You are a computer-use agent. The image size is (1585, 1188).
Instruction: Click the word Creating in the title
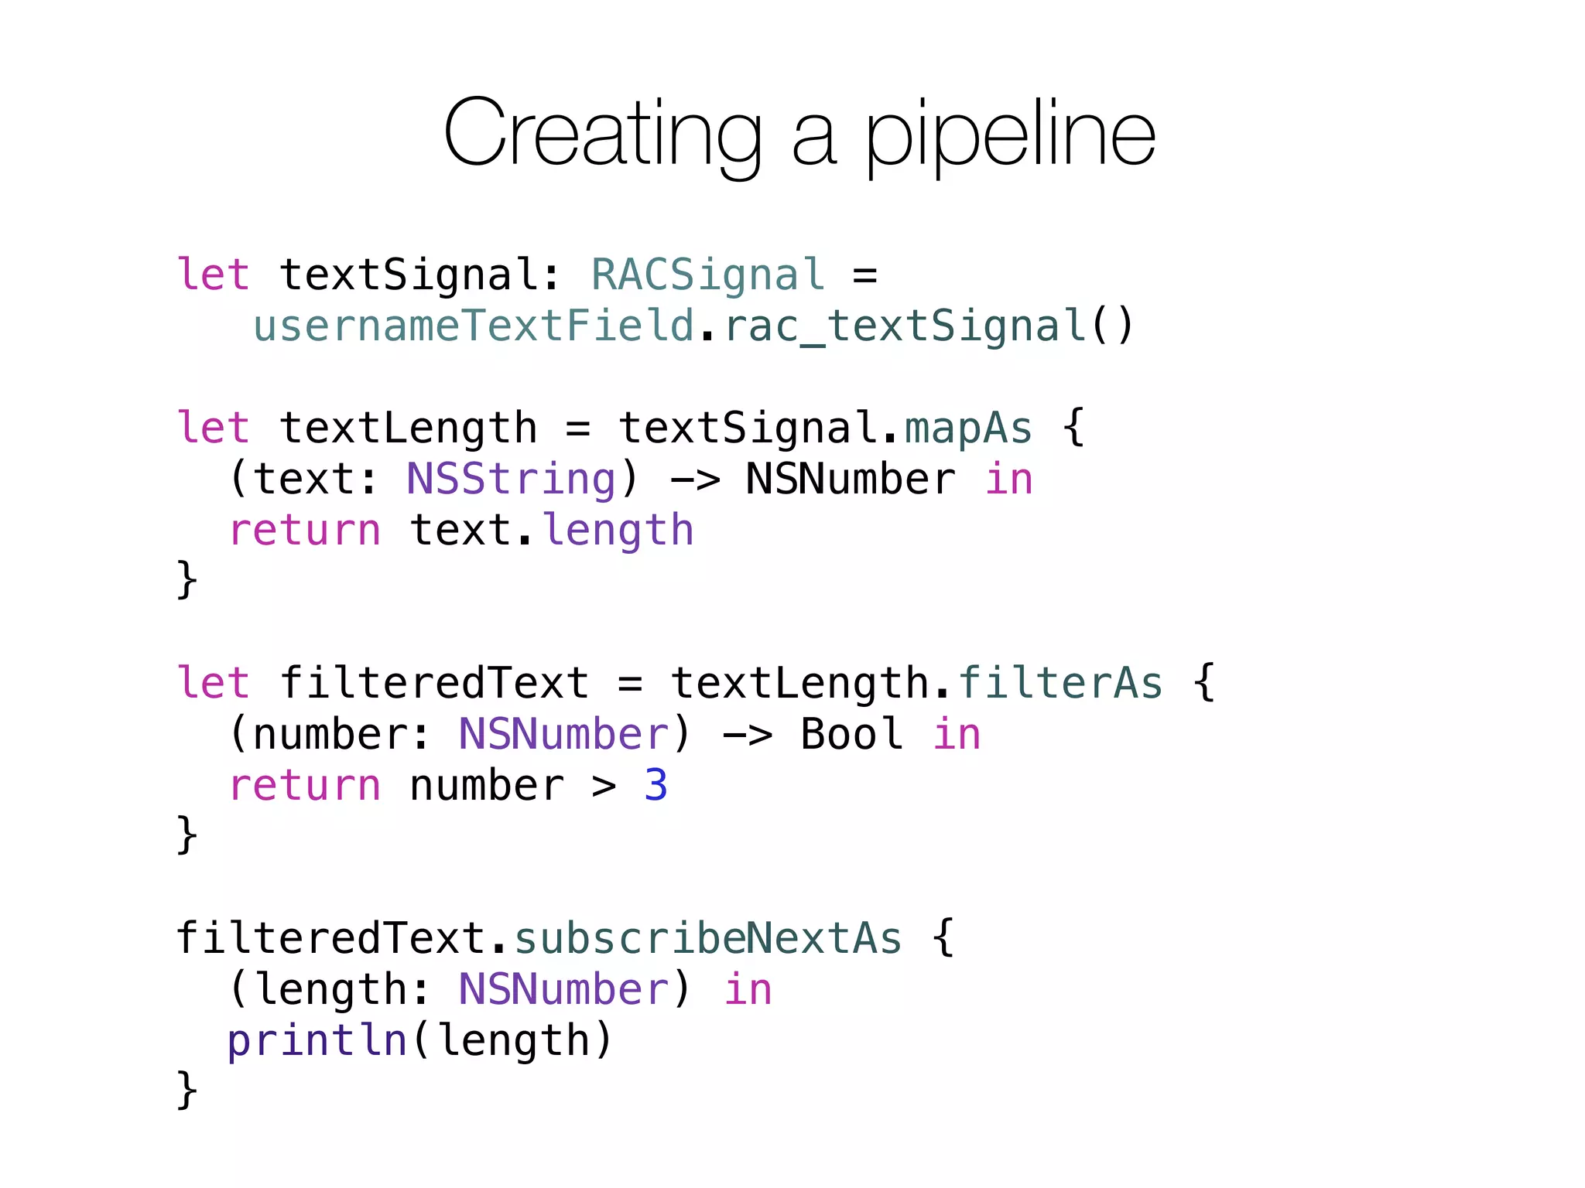point(602,133)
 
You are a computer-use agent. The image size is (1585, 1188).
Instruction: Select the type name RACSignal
point(707,275)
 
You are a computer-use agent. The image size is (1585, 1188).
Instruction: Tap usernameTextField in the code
point(474,326)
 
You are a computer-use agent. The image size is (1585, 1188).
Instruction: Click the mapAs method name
point(967,428)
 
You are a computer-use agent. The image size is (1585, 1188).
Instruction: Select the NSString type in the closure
point(511,479)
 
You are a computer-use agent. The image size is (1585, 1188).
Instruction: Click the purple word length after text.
point(618,530)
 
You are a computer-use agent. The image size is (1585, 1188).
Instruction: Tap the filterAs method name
point(1060,683)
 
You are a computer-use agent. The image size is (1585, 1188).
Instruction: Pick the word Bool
point(851,734)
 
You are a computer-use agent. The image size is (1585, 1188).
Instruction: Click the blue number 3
point(656,785)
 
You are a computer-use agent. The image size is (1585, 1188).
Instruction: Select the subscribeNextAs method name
point(707,938)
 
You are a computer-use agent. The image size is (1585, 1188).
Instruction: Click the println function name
point(317,1040)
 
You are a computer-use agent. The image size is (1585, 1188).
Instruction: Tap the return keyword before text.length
point(304,530)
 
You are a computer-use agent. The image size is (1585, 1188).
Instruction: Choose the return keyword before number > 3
point(304,785)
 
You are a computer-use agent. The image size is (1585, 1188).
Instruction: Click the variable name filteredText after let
point(434,683)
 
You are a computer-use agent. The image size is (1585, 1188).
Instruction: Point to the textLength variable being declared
point(408,428)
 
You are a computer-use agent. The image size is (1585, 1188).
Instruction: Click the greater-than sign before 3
point(604,786)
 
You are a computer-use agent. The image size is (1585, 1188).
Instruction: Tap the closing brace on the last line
point(187,1090)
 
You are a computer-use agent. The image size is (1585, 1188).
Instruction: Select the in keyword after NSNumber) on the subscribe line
point(748,989)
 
